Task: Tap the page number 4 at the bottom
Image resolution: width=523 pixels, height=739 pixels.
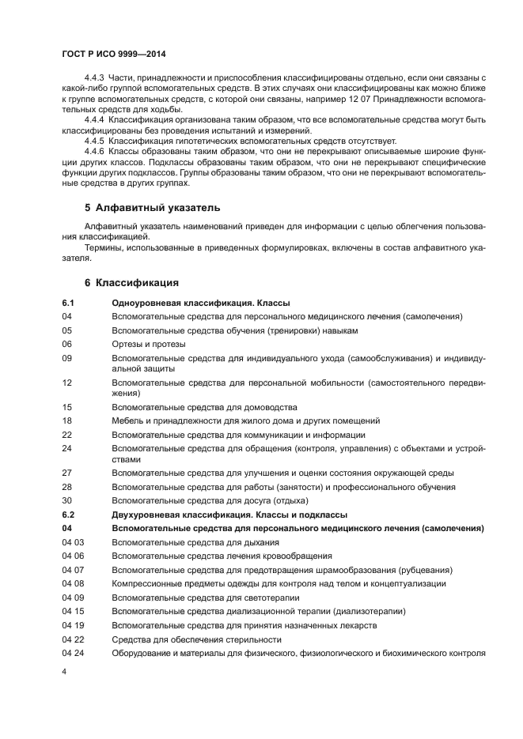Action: pyautogui.click(x=65, y=670)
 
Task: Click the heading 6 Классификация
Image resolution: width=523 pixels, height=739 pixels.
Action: pyautogui.click(x=131, y=282)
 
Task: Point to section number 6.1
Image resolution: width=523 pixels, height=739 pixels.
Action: pyautogui.click(x=67, y=303)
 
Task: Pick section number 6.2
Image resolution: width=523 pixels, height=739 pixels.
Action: pyautogui.click(x=67, y=515)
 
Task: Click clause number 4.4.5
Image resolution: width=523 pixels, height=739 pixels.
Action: pyautogui.click(x=94, y=141)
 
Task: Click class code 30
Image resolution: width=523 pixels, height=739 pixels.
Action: pyautogui.click(x=66, y=500)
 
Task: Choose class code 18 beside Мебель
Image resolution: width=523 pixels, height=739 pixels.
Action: pyautogui.click(x=66, y=420)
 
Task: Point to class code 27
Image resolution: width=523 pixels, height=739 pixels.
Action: pyautogui.click(x=66, y=472)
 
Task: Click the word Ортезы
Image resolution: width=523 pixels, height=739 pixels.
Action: pyautogui.click(x=127, y=344)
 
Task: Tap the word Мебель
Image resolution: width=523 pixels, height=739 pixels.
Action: pyautogui.click(x=128, y=420)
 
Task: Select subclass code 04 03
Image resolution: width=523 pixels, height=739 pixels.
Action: pyautogui.click(x=73, y=542)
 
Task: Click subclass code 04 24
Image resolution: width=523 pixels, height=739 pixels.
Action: pyautogui.click(x=73, y=653)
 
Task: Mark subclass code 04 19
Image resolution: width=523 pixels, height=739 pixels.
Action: pyautogui.click(x=73, y=625)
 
